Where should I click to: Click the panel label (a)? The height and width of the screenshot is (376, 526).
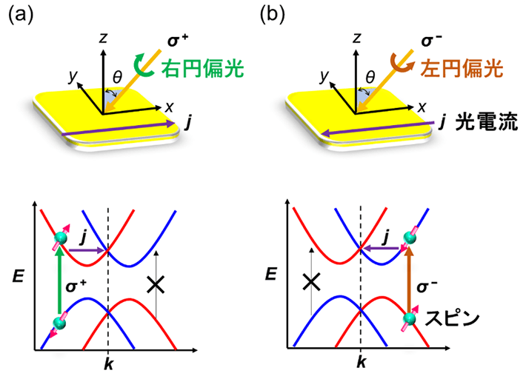(x=20, y=16)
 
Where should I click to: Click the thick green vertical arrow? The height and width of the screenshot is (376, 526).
(x=58, y=284)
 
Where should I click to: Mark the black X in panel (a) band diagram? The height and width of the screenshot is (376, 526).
(x=156, y=284)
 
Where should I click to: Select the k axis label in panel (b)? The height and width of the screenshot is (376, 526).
(x=361, y=363)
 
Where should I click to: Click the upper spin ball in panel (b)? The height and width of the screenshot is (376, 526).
(x=408, y=238)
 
